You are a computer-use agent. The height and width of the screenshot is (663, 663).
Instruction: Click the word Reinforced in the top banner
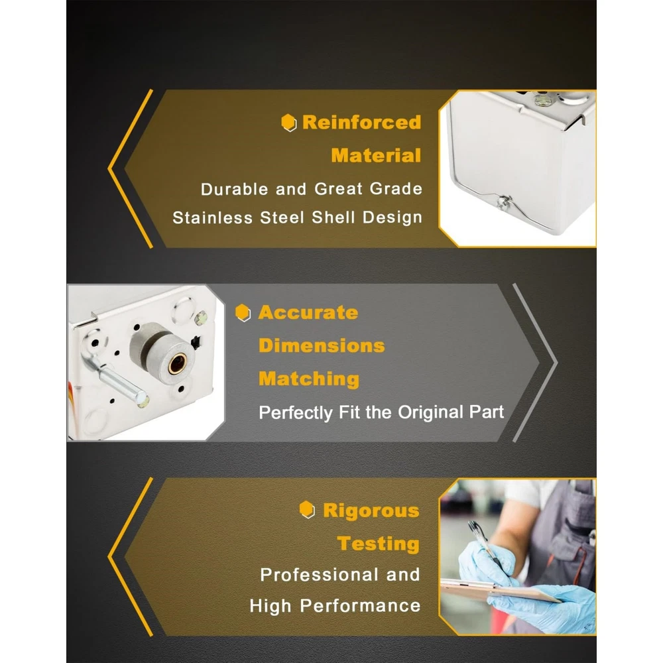pos(361,123)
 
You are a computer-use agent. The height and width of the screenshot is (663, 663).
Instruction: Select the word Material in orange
pos(376,156)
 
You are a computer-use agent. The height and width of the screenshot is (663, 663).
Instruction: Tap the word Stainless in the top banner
pos(212,217)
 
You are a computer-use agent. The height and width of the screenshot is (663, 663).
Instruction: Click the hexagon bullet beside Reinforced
pos(289,123)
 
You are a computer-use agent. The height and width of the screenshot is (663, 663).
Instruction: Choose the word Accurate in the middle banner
pos(308,313)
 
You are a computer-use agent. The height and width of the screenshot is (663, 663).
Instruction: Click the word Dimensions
pos(322,346)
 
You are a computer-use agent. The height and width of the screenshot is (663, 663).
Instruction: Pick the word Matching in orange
pos(309,379)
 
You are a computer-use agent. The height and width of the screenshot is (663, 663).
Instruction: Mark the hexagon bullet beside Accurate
pos(243,313)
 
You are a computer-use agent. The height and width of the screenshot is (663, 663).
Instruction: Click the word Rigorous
pos(371,511)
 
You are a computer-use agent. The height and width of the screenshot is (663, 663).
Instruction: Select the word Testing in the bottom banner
pos(378,544)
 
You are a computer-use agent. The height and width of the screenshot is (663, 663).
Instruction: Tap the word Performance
pos(360,606)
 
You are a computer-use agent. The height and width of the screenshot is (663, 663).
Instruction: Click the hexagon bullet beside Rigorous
pos(307,510)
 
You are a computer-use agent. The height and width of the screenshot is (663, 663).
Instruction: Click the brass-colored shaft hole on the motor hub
pos(177,363)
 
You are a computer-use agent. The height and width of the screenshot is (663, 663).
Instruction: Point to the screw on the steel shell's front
pos(504,202)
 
